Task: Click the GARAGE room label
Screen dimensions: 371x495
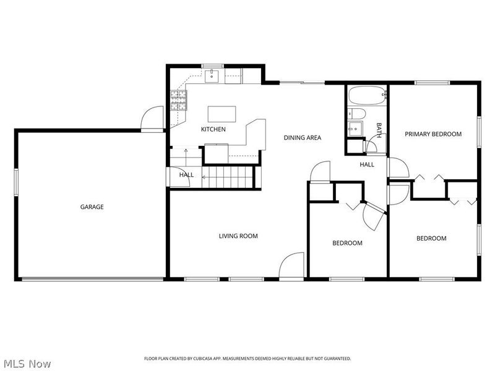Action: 92,207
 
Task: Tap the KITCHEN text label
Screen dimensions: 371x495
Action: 213,129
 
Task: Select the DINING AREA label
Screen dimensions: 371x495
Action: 303,138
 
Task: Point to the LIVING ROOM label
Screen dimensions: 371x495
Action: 238,236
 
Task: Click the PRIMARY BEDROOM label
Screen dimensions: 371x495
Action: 433,134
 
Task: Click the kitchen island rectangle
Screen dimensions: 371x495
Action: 222,114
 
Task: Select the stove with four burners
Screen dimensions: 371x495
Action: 179,100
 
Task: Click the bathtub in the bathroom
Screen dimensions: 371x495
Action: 366,96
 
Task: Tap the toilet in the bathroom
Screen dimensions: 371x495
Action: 356,113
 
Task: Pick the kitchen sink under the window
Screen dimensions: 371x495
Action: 212,76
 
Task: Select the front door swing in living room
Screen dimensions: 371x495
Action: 291,266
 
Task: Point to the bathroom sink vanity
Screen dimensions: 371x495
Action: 356,129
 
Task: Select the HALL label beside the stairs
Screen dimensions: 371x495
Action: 186,175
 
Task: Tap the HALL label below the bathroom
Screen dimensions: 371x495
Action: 367,164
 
